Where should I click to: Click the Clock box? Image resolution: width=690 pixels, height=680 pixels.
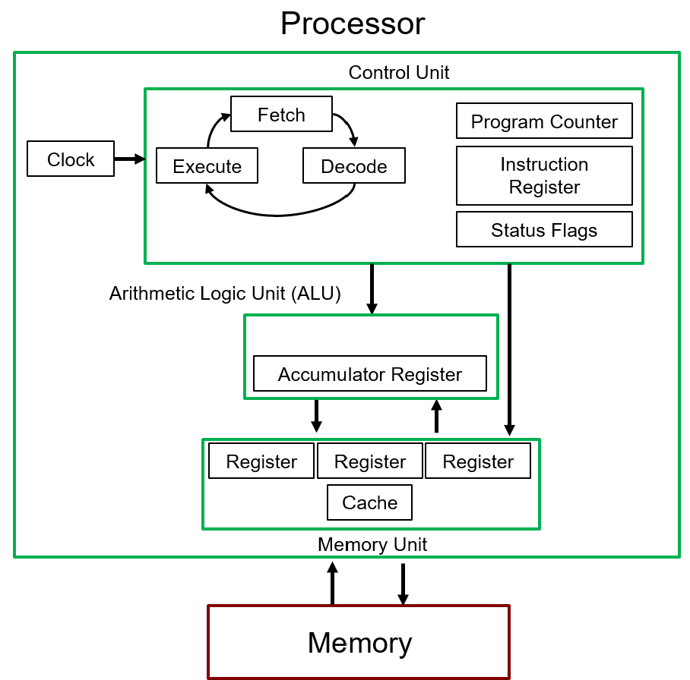click(x=71, y=159)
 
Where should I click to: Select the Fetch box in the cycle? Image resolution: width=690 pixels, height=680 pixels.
click(x=281, y=115)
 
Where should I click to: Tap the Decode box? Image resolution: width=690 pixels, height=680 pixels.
click(x=353, y=166)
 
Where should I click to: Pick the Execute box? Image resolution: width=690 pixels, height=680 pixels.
click(x=207, y=166)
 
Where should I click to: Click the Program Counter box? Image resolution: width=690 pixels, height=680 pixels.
click(x=544, y=121)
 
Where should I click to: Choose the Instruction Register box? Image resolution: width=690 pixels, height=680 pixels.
click(x=544, y=176)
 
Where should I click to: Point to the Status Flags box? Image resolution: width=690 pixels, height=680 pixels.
click(x=544, y=230)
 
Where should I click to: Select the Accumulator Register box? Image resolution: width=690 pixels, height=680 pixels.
click(x=369, y=374)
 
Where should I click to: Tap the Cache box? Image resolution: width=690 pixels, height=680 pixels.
click(x=369, y=502)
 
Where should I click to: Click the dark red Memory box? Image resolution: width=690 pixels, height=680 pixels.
click(x=359, y=642)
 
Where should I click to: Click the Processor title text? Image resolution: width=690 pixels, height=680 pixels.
click(x=352, y=24)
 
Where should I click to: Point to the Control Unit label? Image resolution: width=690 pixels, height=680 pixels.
click(x=398, y=73)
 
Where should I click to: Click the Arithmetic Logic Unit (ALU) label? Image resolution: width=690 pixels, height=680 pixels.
click(x=225, y=294)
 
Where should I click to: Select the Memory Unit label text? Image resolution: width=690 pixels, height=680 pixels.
click(x=372, y=545)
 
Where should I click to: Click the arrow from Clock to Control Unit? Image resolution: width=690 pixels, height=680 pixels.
click(x=129, y=159)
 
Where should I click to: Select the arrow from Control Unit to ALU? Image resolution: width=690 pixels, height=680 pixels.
click(x=372, y=288)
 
